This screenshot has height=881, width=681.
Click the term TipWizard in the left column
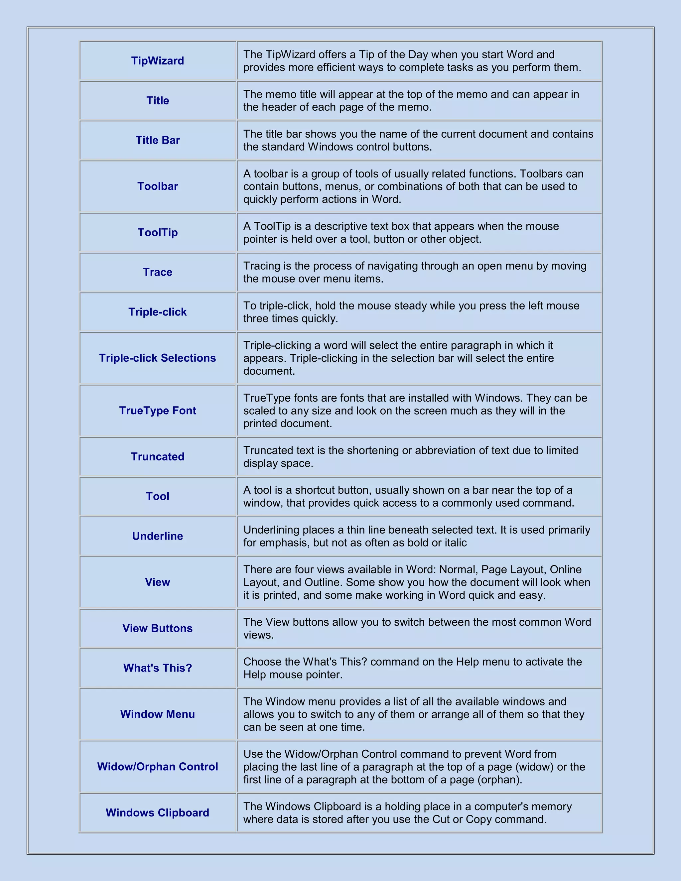(157, 61)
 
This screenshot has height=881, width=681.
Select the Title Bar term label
(157, 140)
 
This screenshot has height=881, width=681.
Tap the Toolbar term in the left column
(157, 187)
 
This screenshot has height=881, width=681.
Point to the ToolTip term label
(157, 232)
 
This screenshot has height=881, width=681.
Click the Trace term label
(157, 272)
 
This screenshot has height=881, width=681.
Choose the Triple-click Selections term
(157, 358)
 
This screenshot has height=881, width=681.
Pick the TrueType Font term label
(157, 411)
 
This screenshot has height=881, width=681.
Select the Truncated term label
(157, 457)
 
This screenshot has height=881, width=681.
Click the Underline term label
(157, 536)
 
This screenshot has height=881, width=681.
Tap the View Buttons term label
(157, 628)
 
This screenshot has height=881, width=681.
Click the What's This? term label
(157, 668)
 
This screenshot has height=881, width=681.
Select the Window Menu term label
(157, 714)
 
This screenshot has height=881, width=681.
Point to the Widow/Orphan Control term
(157, 767)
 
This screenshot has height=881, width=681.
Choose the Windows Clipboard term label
(157, 813)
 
